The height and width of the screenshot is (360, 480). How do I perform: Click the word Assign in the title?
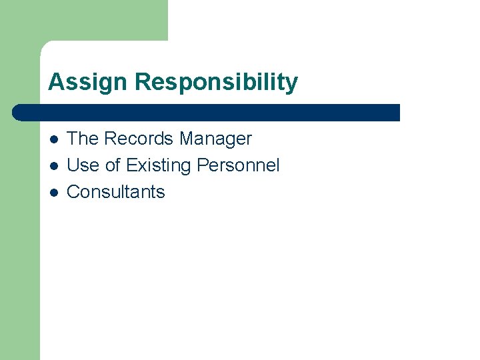tap(88, 83)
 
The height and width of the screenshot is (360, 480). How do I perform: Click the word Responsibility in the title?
tap(216, 83)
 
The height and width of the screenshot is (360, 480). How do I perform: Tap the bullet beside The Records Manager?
tap(53, 139)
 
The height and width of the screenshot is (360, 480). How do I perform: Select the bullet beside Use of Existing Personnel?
tap(53, 166)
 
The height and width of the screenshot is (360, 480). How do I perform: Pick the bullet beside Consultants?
tap(53, 193)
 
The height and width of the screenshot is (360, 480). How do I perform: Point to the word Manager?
tap(215, 139)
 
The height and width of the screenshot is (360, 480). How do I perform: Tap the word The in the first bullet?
tap(83, 139)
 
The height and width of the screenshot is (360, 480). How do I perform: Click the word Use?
tap(83, 165)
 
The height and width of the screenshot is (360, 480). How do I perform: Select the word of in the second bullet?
tap(113, 165)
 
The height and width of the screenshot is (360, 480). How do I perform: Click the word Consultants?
tap(116, 192)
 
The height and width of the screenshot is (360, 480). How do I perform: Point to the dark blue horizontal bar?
tap(207, 113)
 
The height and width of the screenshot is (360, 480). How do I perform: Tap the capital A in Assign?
tap(55, 83)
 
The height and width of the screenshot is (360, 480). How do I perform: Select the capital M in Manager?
tap(187, 139)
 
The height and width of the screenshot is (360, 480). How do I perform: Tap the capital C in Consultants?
tap(74, 192)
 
